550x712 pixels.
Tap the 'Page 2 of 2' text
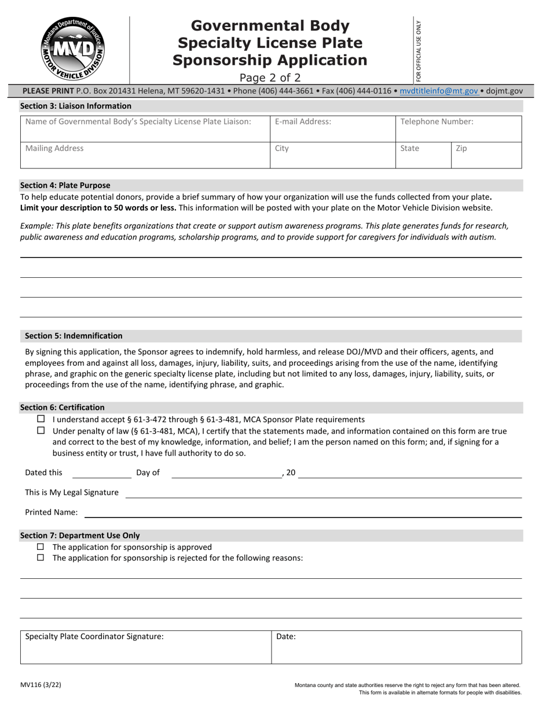coord(270,78)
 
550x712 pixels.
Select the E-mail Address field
coord(332,129)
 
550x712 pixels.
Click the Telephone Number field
coord(458,129)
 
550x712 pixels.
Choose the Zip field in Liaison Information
coord(486,155)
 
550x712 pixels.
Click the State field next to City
coord(423,155)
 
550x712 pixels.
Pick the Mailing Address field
coord(145,155)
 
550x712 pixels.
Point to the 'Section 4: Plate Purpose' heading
coord(65,185)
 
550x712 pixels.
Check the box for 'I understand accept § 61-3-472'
coord(41,419)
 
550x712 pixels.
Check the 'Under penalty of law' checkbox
coord(41,431)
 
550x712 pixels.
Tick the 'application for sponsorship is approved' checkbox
coord(41,547)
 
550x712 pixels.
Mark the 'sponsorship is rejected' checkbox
coord(41,558)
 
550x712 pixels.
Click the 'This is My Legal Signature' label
coord(72,493)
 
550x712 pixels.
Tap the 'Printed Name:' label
coord(52,512)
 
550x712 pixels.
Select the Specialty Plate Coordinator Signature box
coord(145,647)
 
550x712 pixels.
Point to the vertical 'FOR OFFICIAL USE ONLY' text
coord(419,50)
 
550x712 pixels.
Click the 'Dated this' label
coord(43,473)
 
